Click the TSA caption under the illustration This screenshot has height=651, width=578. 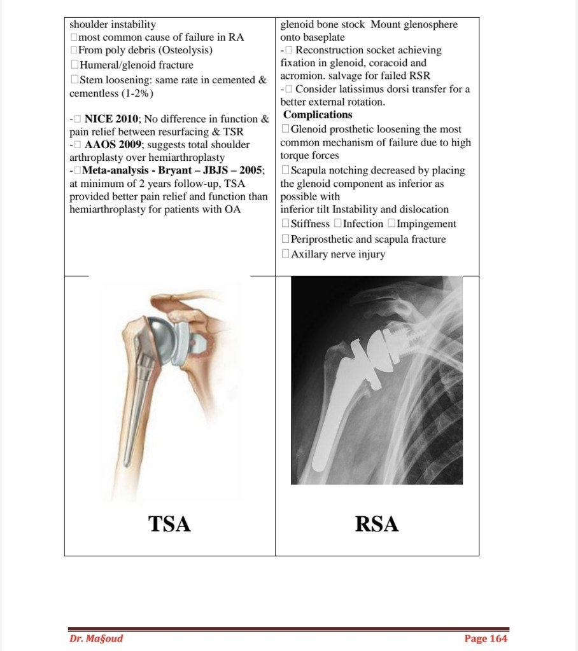click(169, 524)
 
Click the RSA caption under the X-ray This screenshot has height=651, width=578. click(377, 524)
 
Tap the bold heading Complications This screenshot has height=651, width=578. click(317, 115)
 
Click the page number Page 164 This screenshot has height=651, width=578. click(486, 638)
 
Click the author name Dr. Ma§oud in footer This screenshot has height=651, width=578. click(96, 638)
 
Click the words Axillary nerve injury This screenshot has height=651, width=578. click(337, 254)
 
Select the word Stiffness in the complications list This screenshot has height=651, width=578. click(310, 224)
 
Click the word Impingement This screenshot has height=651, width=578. click(426, 224)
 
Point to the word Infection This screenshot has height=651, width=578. click(363, 224)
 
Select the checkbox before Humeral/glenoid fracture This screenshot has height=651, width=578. click(74, 65)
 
